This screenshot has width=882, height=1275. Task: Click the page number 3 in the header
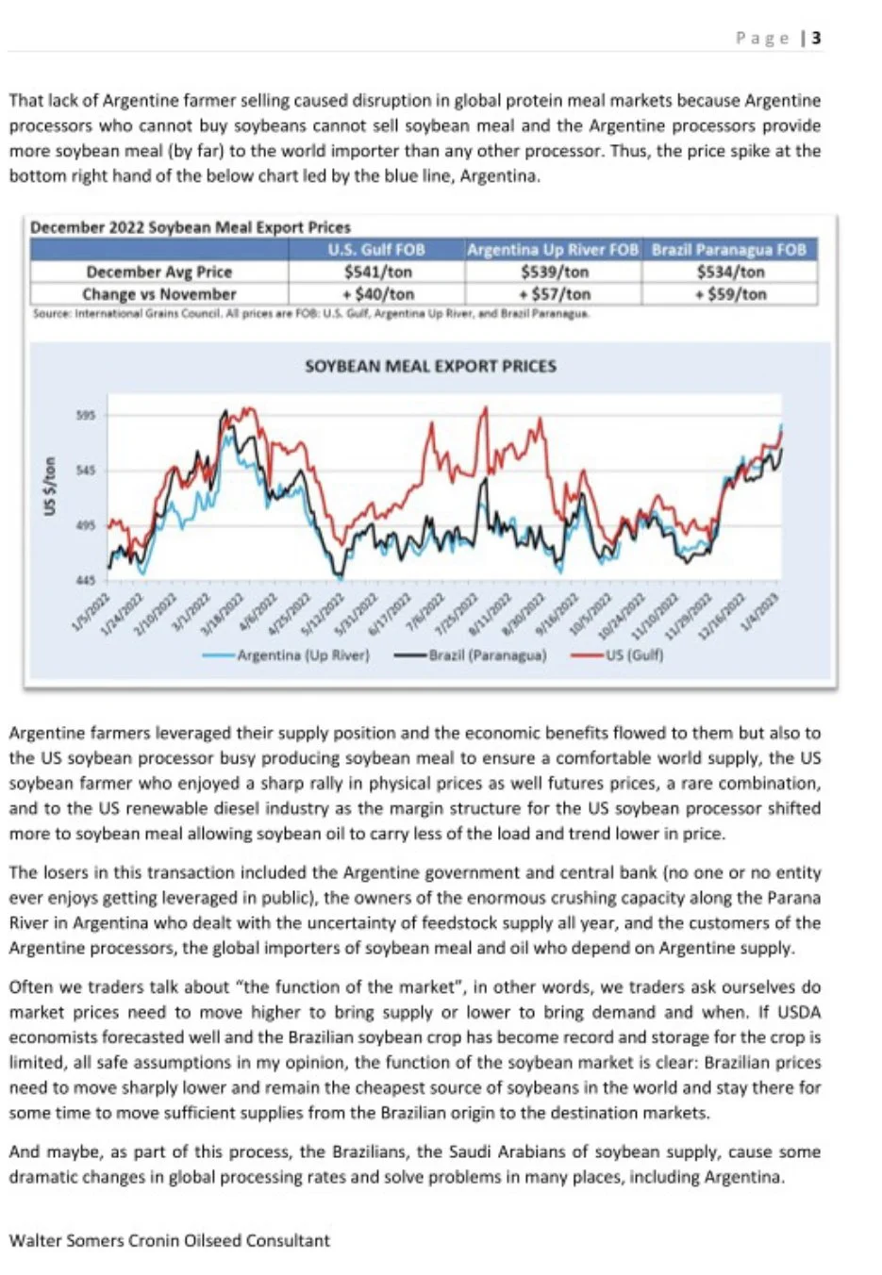point(816,38)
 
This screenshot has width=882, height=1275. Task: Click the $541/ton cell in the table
point(376,272)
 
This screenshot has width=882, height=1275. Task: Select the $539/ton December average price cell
point(553,272)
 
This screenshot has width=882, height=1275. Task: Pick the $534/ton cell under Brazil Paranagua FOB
point(730,272)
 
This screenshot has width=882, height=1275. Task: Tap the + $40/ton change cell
point(376,294)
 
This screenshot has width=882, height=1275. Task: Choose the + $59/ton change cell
point(730,294)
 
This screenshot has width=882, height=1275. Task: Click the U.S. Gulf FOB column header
point(376,250)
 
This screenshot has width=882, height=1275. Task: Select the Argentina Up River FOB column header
point(553,250)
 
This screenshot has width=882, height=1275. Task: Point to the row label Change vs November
point(158,294)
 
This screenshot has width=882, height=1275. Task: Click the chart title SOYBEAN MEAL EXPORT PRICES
point(430,366)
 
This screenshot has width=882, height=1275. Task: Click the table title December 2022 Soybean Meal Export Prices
point(191,227)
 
